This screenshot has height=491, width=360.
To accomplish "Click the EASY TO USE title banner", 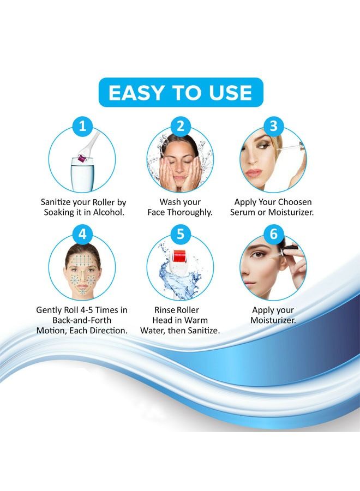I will pyautogui.click(x=180, y=92).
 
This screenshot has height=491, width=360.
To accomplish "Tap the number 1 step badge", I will pyautogui.click(x=82, y=127).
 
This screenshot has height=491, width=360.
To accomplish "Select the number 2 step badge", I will pyautogui.click(x=180, y=127).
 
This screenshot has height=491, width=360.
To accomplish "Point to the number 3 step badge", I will pyautogui.click(x=273, y=127).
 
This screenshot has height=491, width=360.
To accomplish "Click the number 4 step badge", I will pyautogui.click(x=82, y=235).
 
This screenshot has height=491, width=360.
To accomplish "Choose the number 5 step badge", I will pyautogui.click(x=180, y=235).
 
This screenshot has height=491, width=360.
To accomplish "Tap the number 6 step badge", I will pyautogui.click(x=273, y=235).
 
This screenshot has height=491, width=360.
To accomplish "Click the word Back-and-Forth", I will pyautogui.click(x=82, y=320).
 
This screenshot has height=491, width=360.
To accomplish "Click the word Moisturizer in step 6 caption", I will pyautogui.click(x=273, y=320).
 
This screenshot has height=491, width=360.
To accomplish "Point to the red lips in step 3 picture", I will pyautogui.click(x=253, y=173).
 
